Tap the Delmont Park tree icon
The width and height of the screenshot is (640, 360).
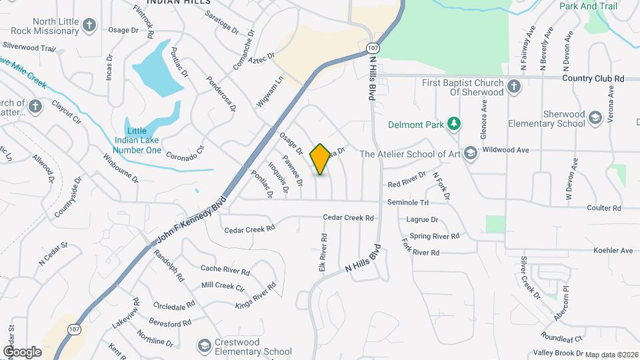[x=453, y=123]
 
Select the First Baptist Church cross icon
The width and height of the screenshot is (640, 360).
[x=513, y=87]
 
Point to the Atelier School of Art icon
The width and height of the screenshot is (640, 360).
[x=471, y=154]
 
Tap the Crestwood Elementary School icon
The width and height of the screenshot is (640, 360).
[x=205, y=346]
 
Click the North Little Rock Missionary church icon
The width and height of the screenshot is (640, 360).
[x=90, y=26]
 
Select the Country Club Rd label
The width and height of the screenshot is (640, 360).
[x=593, y=79]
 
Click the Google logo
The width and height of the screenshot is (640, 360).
[x=22, y=351]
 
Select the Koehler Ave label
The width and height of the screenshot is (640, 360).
[x=613, y=251]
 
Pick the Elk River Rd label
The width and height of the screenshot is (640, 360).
[x=323, y=251]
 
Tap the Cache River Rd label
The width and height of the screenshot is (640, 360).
[x=225, y=270]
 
